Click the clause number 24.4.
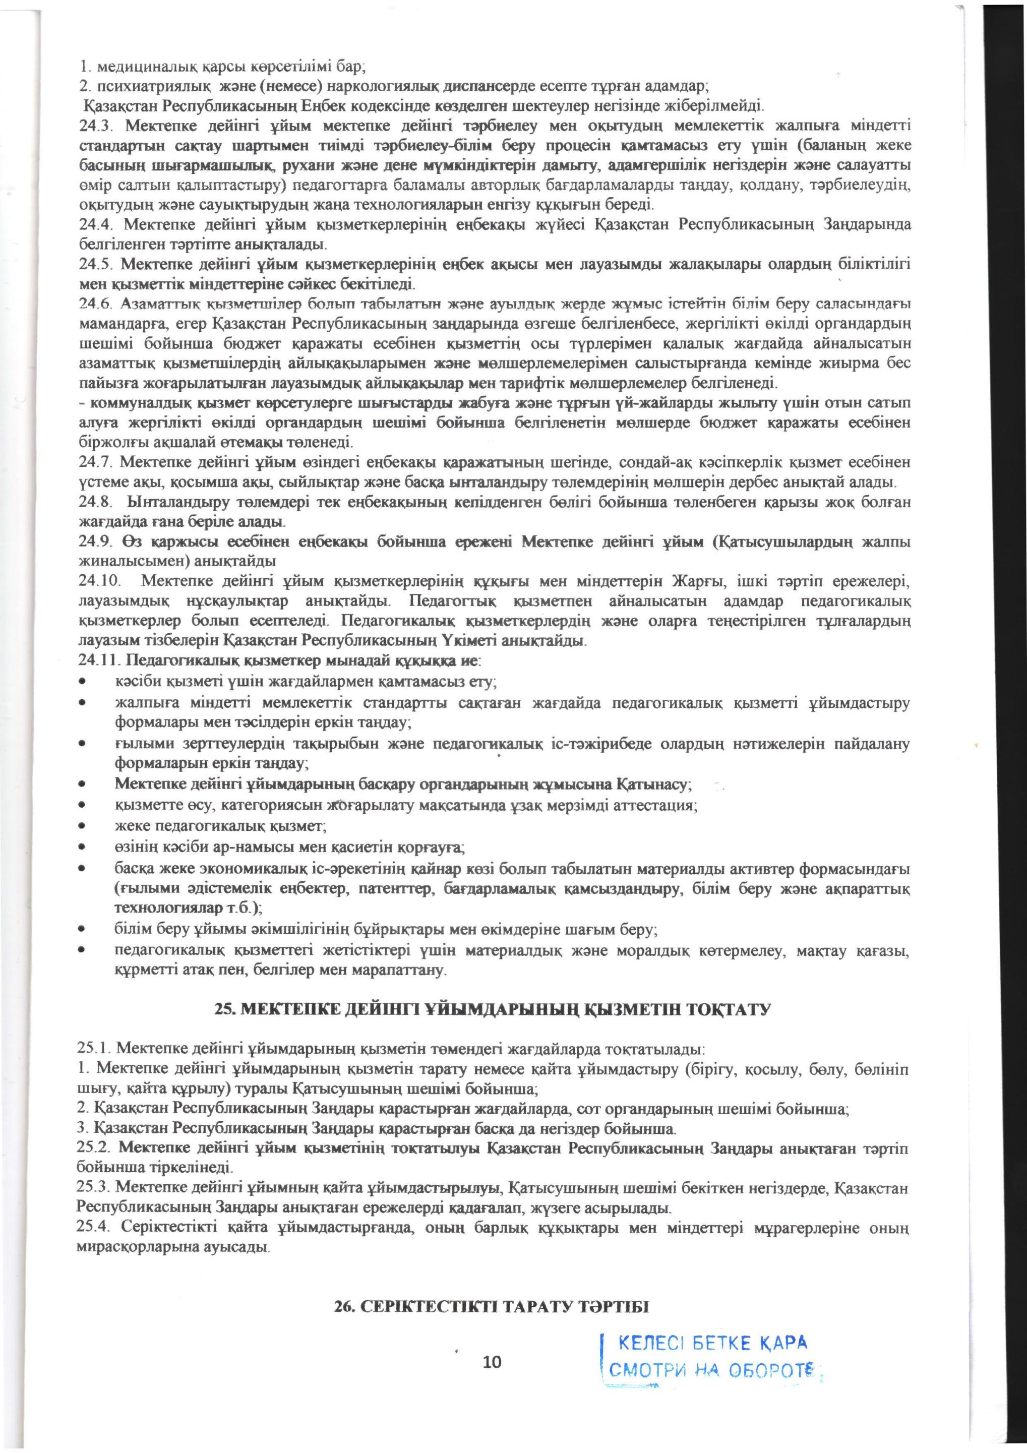coord(96,224)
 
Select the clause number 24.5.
coord(96,263)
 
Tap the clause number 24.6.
coord(96,305)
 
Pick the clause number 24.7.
coord(96,463)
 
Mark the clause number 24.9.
coord(96,543)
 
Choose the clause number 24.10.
coord(99,580)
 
